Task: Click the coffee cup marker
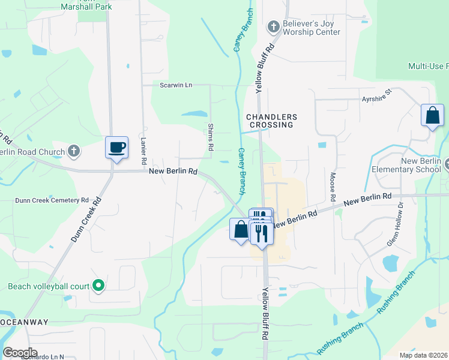116,147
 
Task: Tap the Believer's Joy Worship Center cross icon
273,26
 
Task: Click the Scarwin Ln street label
176,85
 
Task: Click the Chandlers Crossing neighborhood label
269,121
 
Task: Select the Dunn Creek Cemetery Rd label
52,200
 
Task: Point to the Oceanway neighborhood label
24,322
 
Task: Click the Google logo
19,353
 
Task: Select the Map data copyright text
423,355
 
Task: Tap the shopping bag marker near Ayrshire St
432,115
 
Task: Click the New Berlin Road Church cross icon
73,151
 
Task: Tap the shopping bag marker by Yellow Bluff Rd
240,230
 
